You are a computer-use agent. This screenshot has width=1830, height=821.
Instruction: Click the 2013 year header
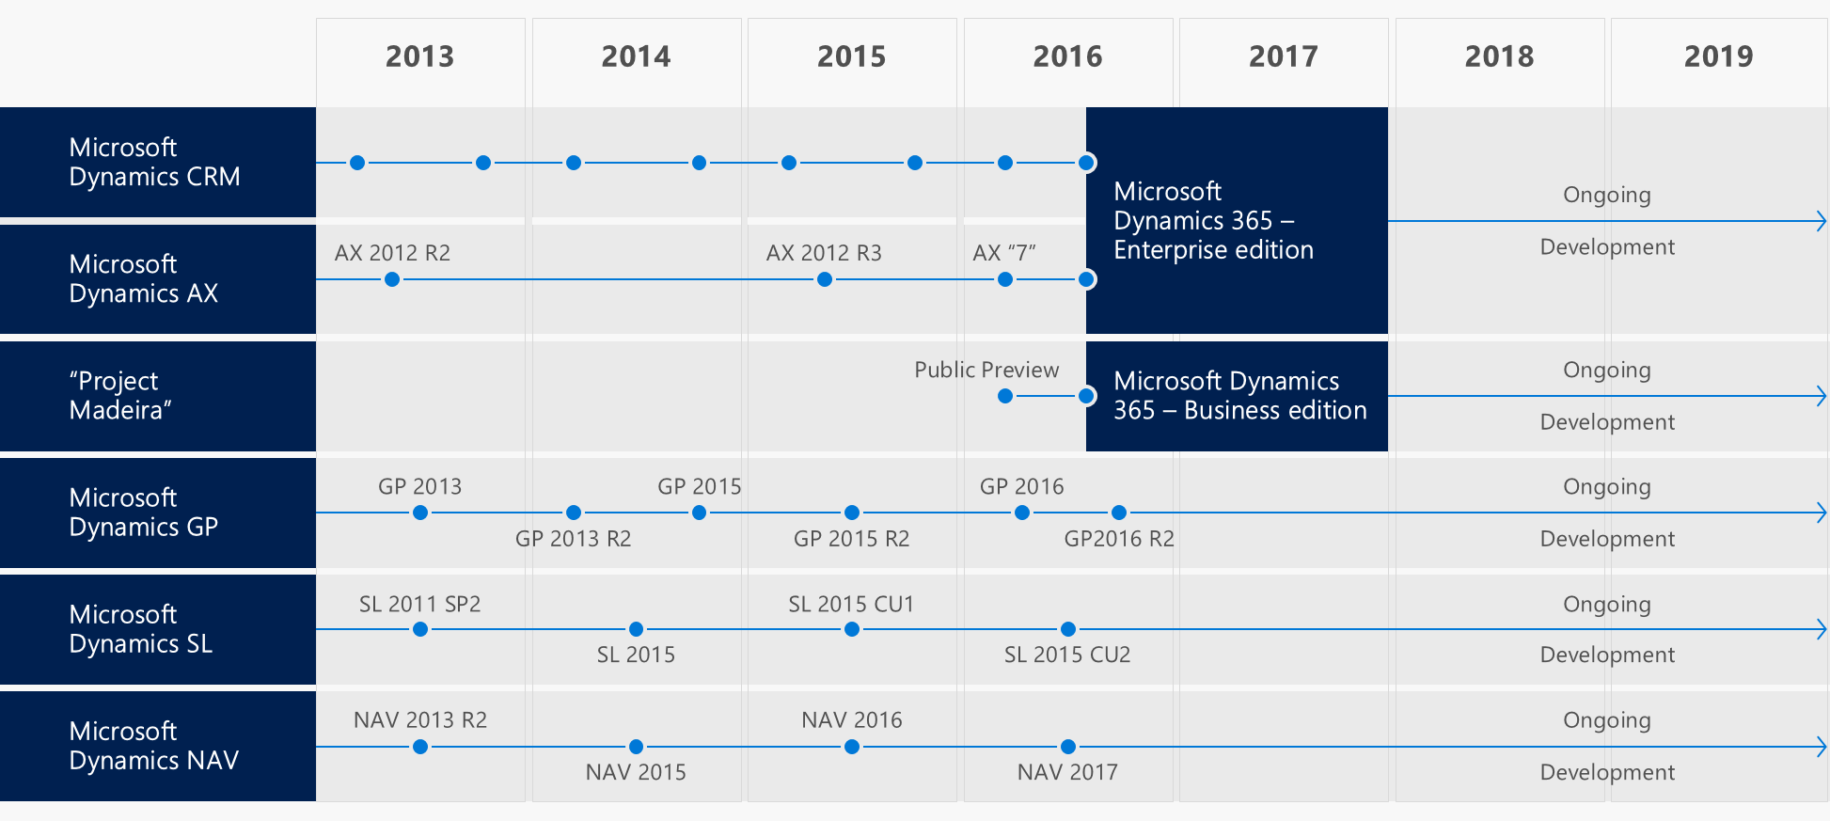[419, 56]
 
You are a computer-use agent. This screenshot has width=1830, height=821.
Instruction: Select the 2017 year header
[1283, 56]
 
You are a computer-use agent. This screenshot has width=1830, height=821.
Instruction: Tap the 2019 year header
[1718, 56]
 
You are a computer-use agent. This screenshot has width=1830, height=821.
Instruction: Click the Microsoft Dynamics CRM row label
[155, 162]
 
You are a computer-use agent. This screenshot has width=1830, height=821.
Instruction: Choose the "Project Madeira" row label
[120, 395]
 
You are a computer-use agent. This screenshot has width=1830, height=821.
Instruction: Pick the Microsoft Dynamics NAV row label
[154, 746]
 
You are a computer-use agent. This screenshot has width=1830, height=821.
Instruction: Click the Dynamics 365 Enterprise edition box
[1236, 221]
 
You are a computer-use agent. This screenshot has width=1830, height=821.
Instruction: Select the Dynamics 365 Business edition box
[1236, 396]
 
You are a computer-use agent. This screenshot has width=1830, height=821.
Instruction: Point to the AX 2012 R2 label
[392, 253]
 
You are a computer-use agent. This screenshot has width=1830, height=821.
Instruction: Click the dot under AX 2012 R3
[825, 279]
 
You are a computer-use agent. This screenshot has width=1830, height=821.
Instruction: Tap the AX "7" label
[1004, 253]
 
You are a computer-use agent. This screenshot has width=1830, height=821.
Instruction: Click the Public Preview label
[986, 370]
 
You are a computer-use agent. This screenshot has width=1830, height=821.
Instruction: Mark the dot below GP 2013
[420, 513]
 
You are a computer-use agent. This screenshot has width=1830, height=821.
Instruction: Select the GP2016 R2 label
[1119, 539]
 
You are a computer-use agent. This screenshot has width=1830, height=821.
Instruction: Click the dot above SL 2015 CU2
[1068, 629]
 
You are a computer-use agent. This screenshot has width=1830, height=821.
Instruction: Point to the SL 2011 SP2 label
[419, 604]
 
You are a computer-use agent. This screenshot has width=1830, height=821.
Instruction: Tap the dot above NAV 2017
[1068, 747]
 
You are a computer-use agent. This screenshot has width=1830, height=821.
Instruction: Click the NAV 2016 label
[851, 720]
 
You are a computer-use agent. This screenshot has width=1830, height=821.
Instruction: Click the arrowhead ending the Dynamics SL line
[1822, 629]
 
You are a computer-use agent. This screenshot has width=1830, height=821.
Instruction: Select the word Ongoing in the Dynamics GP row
[1606, 487]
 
